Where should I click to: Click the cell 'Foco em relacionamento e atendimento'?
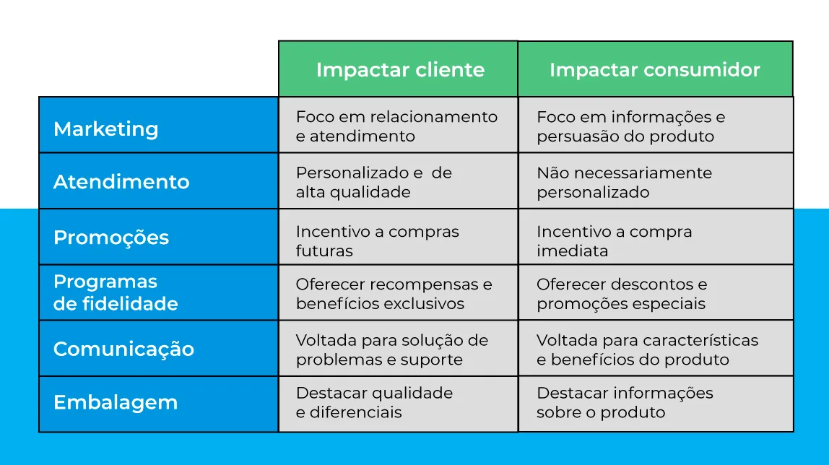pyautogui.click(x=398, y=125)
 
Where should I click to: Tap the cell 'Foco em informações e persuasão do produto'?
pyautogui.click(x=656, y=125)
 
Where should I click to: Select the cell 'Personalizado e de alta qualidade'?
pyautogui.click(x=398, y=181)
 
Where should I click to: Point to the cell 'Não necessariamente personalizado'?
pyautogui.click(x=656, y=181)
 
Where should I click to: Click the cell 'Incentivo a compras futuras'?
pyautogui.click(x=398, y=238)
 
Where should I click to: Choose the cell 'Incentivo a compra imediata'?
pyautogui.click(x=656, y=238)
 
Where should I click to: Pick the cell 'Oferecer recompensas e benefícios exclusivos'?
pyautogui.click(x=398, y=292)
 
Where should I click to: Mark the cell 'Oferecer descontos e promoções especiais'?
pyautogui.click(x=656, y=292)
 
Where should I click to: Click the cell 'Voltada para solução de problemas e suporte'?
pyautogui.click(x=398, y=349)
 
